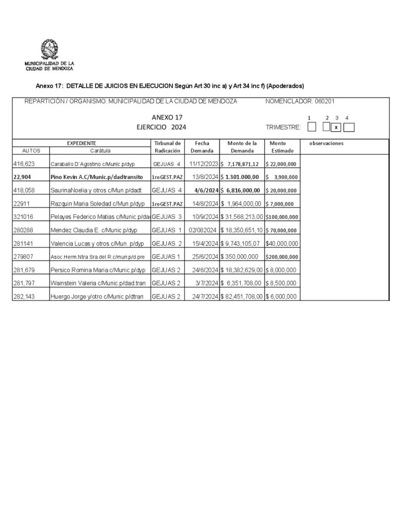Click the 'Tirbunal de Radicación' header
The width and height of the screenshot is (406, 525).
coord(167,147)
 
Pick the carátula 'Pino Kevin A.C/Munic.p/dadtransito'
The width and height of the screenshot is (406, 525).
coord(96,177)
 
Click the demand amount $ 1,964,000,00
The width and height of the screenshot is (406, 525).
coord(241,204)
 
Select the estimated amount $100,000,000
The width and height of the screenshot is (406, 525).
coord(281,217)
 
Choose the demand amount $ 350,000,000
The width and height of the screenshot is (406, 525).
coord(241,256)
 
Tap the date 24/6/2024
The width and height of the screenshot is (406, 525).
coord(203,270)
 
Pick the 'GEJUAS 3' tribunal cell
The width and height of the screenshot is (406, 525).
coord(167,217)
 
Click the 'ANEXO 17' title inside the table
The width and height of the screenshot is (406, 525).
coord(167,117)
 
